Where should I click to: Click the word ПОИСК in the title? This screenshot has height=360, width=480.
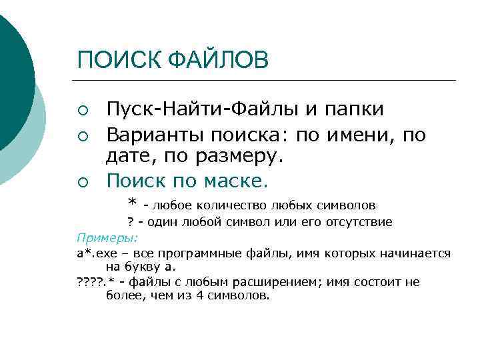tap(113, 59)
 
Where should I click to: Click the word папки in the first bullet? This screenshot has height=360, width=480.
tap(360, 109)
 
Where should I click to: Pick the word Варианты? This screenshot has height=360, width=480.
tap(156, 136)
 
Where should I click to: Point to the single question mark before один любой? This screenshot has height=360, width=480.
tap(131, 221)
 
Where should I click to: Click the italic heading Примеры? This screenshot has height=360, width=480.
tap(98, 237)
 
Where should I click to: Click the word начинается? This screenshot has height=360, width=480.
tap(417, 253)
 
